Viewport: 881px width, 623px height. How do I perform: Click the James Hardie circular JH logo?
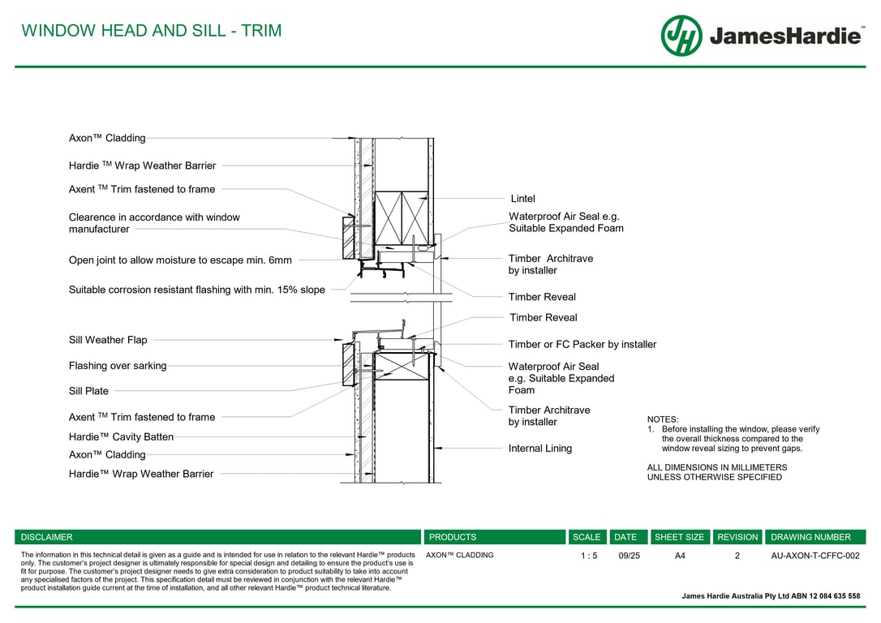681,36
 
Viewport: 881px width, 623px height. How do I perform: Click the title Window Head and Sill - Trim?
152,31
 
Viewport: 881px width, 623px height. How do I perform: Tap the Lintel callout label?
522,199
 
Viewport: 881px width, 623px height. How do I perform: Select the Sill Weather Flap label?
108,340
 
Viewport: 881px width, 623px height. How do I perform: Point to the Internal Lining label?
539,449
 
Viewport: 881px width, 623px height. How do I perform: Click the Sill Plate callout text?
88,391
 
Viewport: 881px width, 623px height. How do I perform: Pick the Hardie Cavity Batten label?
121,436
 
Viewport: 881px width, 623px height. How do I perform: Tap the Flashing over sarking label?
118,366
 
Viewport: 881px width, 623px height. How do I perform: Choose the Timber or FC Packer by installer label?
582,345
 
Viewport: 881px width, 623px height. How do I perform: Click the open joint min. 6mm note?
180,260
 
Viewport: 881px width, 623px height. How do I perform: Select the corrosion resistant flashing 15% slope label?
196,290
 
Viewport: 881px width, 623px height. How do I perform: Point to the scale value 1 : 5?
589,556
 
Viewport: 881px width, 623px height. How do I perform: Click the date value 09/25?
629,556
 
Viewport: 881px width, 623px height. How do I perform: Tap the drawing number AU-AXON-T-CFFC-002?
814,556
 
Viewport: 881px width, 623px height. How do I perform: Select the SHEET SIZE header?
679,537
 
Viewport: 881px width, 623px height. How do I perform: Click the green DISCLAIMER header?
47,537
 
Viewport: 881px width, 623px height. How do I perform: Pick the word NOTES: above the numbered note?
663,419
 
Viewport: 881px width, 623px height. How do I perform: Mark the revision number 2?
737,556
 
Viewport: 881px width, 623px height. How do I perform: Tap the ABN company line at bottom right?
771,596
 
